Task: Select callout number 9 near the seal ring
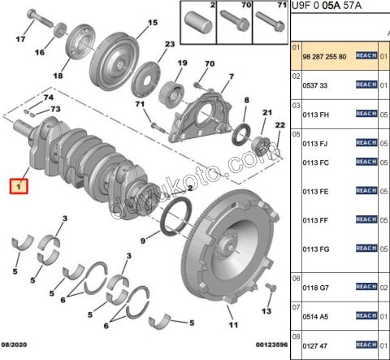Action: pyautogui.click(x=143, y=241)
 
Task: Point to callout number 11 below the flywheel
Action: pyautogui.click(x=232, y=326)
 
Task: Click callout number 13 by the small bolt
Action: pyautogui.click(x=265, y=311)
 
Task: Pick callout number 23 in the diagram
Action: pyautogui.click(x=170, y=45)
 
